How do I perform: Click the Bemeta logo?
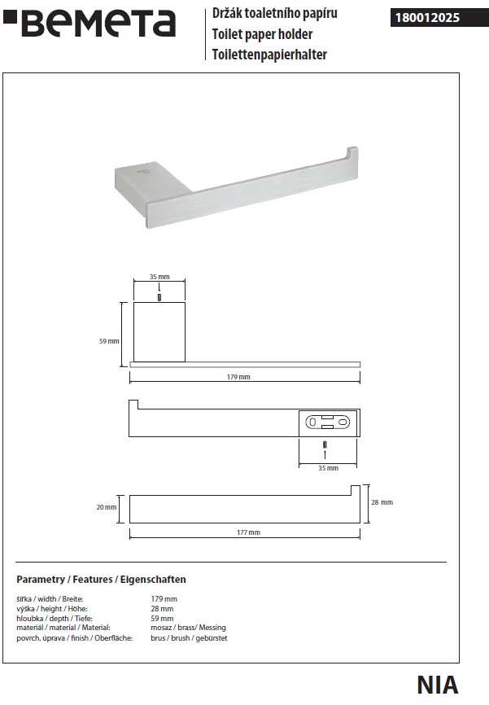(89, 24)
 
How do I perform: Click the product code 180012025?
(427, 18)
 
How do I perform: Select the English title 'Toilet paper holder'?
(262, 34)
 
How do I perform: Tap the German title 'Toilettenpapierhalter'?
(269, 55)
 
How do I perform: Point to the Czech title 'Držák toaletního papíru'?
(275, 14)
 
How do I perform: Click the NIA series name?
(438, 685)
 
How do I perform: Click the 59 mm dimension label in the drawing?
(109, 341)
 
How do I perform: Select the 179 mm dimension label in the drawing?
(238, 377)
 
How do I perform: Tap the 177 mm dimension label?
(248, 532)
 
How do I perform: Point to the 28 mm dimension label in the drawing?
(382, 502)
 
